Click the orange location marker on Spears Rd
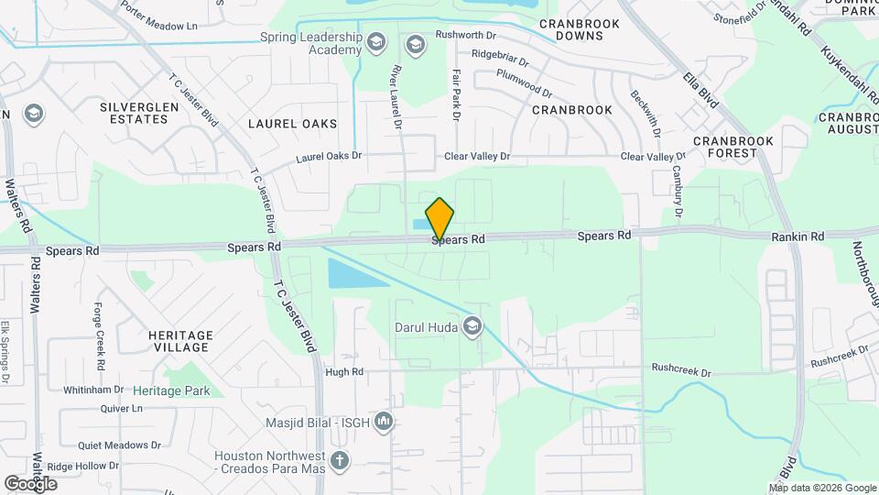pyautogui.click(x=439, y=219)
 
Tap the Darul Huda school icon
pyautogui.click(x=472, y=326)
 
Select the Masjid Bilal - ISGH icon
pyautogui.click(x=384, y=422)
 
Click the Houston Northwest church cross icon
pyautogui.click(x=340, y=460)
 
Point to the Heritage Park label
pyautogui.click(x=171, y=390)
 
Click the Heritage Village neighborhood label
pyautogui.click(x=180, y=341)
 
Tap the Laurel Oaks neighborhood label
pyautogui.click(x=292, y=124)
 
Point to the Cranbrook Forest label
pyautogui.click(x=733, y=147)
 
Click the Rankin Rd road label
pyautogui.click(x=798, y=236)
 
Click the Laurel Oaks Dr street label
pyautogui.click(x=329, y=157)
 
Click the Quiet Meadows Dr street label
pyautogui.click(x=119, y=445)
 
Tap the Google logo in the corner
pyautogui.click(x=30, y=483)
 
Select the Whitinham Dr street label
pyautogui.click(x=92, y=390)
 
